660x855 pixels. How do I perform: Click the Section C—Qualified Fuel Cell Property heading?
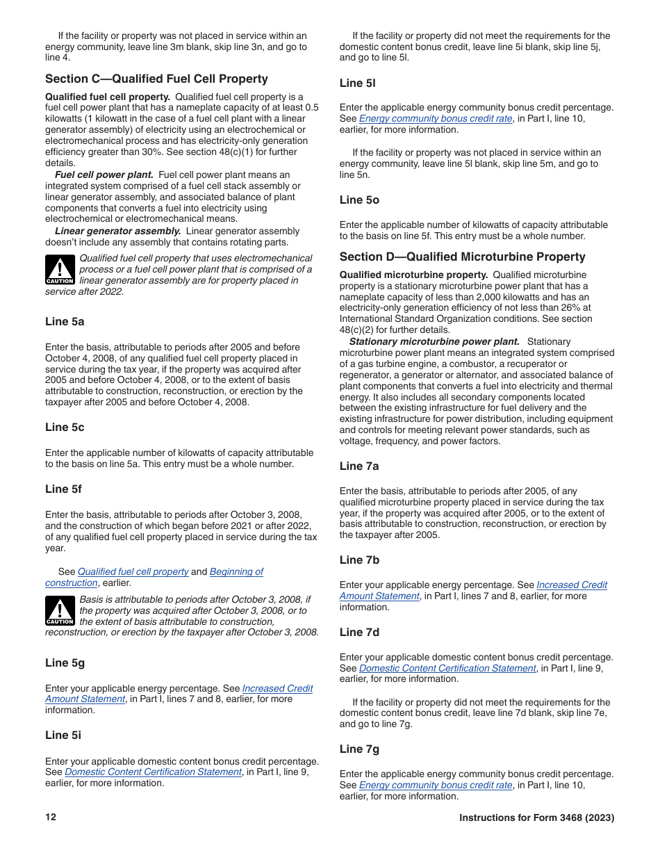tap(156, 79)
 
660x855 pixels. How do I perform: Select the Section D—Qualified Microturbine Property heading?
tap(462, 257)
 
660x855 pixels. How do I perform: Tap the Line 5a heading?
tap(65, 322)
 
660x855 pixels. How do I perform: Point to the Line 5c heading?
tap(65, 427)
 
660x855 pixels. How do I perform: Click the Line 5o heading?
tap(359, 200)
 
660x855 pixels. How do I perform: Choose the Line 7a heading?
tap(359, 466)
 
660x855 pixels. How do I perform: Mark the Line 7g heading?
tap(359, 749)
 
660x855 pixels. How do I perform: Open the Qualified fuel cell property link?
tap(133, 572)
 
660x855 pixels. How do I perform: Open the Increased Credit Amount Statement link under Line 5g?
tap(277, 689)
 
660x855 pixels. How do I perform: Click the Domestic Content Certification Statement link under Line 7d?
tap(447, 669)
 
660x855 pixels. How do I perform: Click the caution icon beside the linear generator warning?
tap(60, 270)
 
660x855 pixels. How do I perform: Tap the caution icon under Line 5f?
tap(60, 611)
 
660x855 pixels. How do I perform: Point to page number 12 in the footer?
tap(51, 817)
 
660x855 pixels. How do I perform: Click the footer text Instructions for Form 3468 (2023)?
tap(536, 818)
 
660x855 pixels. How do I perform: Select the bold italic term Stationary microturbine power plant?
tap(434, 342)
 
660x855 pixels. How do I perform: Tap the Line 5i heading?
tap(63, 735)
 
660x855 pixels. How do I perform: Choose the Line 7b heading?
tap(359, 560)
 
